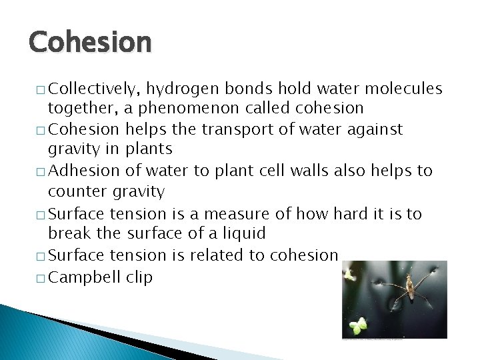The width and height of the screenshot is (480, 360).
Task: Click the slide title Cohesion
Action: coord(90,41)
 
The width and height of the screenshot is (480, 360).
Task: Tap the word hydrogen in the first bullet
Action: coord(183,89)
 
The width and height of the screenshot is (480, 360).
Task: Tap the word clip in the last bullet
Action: coord(139,277)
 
